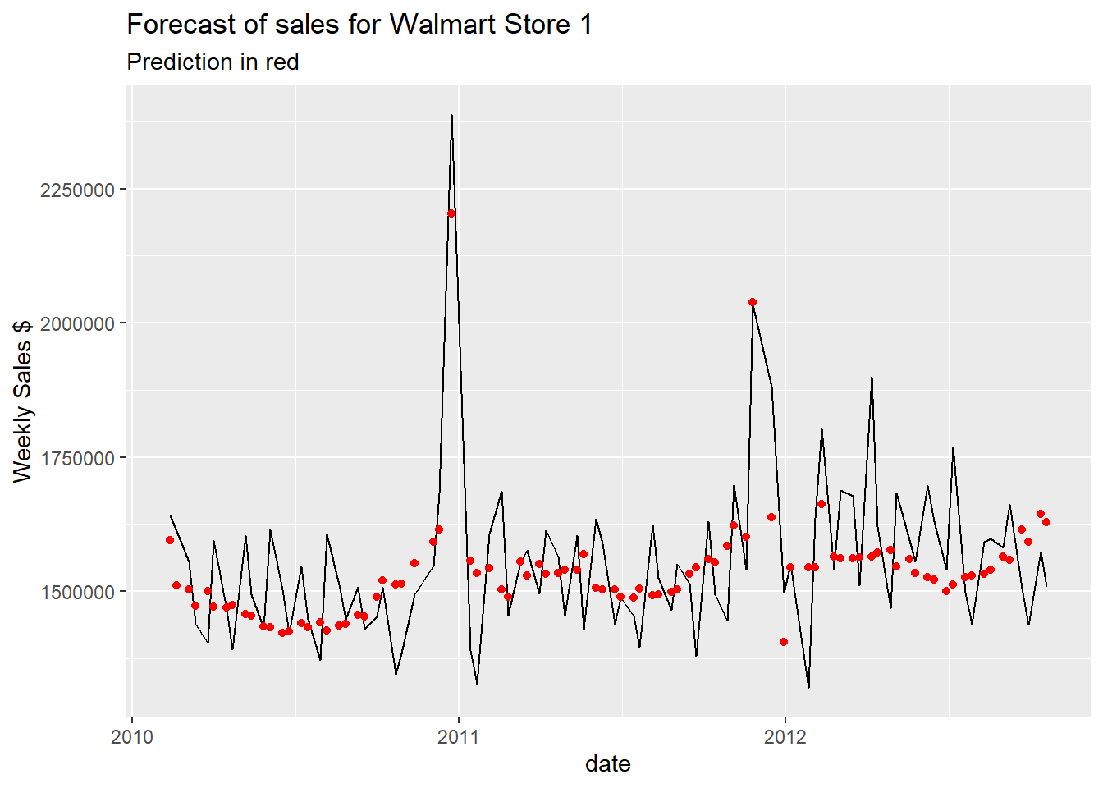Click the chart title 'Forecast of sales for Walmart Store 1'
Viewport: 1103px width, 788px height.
pos(359,25)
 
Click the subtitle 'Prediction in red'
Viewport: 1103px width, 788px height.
pos(213,62)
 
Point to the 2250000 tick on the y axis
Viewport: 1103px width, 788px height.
pos(76,190)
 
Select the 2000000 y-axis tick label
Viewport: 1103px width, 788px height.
pos(76,323)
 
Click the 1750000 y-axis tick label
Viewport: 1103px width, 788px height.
pos(76,458)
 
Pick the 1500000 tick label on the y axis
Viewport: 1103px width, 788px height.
pos(76,592)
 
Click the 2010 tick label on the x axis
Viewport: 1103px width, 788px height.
pos(131,736)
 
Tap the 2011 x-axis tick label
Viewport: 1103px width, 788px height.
pos(459,736)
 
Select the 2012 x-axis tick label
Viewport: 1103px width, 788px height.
pos(785,736)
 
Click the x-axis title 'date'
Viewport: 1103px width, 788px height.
pos(607,764)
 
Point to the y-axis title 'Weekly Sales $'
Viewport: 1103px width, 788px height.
pos(22,401)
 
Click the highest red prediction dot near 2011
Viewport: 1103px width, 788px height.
pos(451,213)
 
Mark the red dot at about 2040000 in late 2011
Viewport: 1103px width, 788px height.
pos(753,302)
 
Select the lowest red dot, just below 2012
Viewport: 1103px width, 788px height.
pos(784,642)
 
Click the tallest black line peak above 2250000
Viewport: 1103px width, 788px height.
pos(451,116)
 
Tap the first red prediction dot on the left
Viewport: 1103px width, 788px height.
pos(170,540)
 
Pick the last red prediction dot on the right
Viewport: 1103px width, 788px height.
pos(1046,522)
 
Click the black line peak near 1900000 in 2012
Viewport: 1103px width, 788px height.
pos(872,378)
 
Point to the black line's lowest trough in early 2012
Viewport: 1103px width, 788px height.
pos(808,687)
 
